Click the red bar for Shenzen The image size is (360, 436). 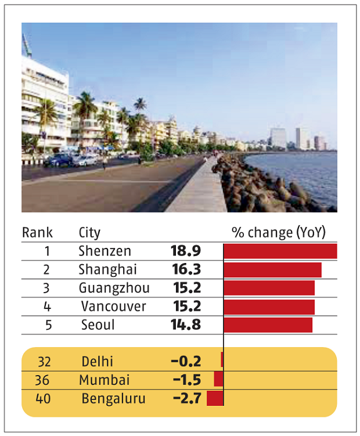point(280,251)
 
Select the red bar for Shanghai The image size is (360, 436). point(272,270)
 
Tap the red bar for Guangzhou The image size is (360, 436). point(269,288)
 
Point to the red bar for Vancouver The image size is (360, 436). point(269,307)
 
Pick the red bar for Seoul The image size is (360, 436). point(268,325)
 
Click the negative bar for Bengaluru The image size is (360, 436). point(215,398)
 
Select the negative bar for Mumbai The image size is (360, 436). point(218,379)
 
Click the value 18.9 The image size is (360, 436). point(185,251)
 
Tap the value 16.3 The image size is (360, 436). point(185,269)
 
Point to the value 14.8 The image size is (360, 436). point(185,325)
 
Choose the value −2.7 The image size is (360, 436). point(186,398)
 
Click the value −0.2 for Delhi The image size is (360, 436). point(186,361)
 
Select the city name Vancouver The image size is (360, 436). point(113,306)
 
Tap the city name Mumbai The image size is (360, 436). point(105,380)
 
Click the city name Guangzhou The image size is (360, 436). point(114,288)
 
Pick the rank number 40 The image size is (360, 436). point(44,399)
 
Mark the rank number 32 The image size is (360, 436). point(44,361)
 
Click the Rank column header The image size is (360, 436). point(37,233)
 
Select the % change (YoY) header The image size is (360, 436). point(279,233)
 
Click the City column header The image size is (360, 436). point(89,233)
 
